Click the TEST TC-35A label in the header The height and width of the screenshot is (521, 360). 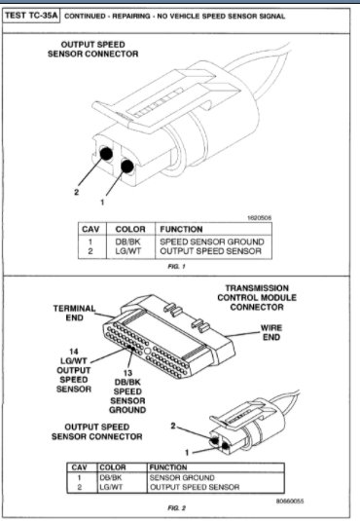coord(31,17)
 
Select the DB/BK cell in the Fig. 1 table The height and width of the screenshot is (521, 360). coord(129,240)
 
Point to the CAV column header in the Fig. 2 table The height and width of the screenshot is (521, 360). coord(83,466)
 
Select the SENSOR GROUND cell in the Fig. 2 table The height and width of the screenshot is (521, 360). coord(181,478)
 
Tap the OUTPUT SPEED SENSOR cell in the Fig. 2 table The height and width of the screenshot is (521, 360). coord(193,488)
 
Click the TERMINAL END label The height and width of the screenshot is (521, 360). coord(74,312)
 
